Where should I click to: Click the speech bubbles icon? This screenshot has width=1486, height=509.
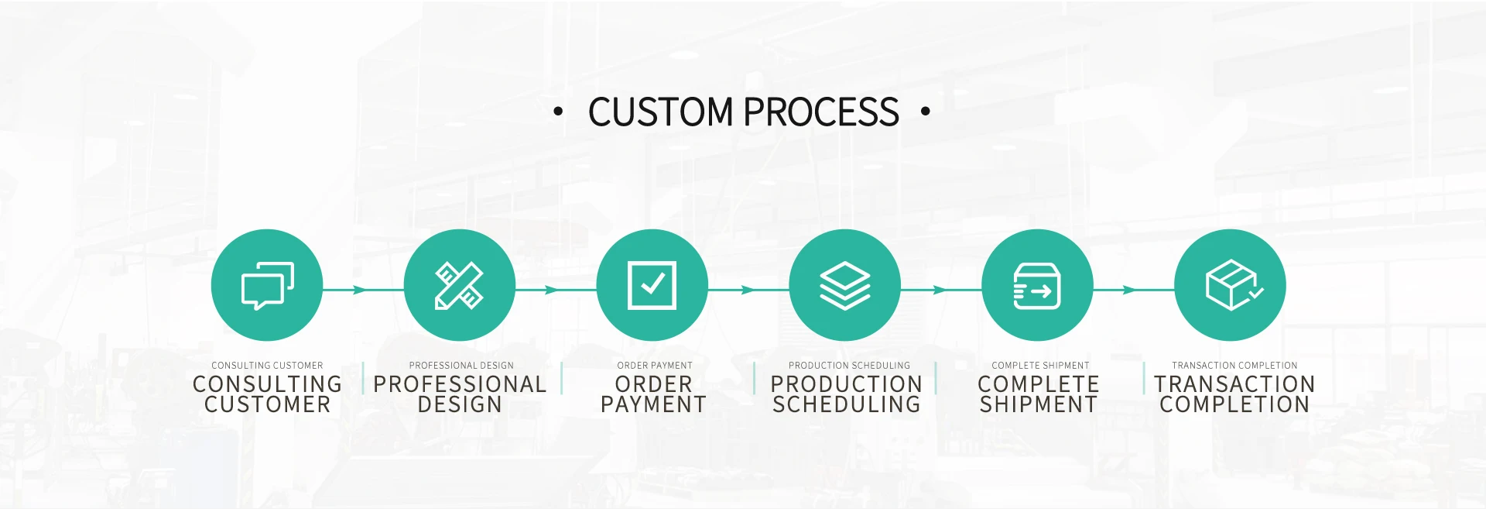[x=267, y=286]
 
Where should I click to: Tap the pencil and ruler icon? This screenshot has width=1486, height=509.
[x=459, y=286]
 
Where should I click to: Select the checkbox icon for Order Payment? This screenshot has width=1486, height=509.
[x=652, y=286]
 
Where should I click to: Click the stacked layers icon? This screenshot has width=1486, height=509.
[x=844, y=286]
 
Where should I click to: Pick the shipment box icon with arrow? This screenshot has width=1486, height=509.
[x=1037, y=286]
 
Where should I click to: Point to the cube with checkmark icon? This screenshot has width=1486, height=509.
[x=1232, y=286]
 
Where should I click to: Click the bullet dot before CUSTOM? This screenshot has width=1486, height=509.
[x=558, y=112]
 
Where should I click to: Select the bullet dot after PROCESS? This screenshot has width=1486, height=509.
[x=926, y=112]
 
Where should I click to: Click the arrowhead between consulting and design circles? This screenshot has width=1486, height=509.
[x=359, y=290]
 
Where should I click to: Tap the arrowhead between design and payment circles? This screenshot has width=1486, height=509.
[x=551, y=290]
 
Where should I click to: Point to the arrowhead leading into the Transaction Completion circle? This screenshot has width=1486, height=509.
[x=1129, y=290]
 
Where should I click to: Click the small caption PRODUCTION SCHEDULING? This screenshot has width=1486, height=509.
[x=849, y=366]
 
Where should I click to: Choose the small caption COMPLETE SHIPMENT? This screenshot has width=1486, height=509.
[x=1040, y=366]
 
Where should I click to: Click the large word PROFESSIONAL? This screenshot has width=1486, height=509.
[x=460, y=384]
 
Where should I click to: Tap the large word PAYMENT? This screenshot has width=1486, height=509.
[x=653, y=404]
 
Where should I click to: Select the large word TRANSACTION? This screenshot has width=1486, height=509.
[x=1234, y=384]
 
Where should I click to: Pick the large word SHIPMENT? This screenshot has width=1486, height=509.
[x=1039, y=404]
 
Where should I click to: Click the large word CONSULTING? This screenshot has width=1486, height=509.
[x=267, y=384]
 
